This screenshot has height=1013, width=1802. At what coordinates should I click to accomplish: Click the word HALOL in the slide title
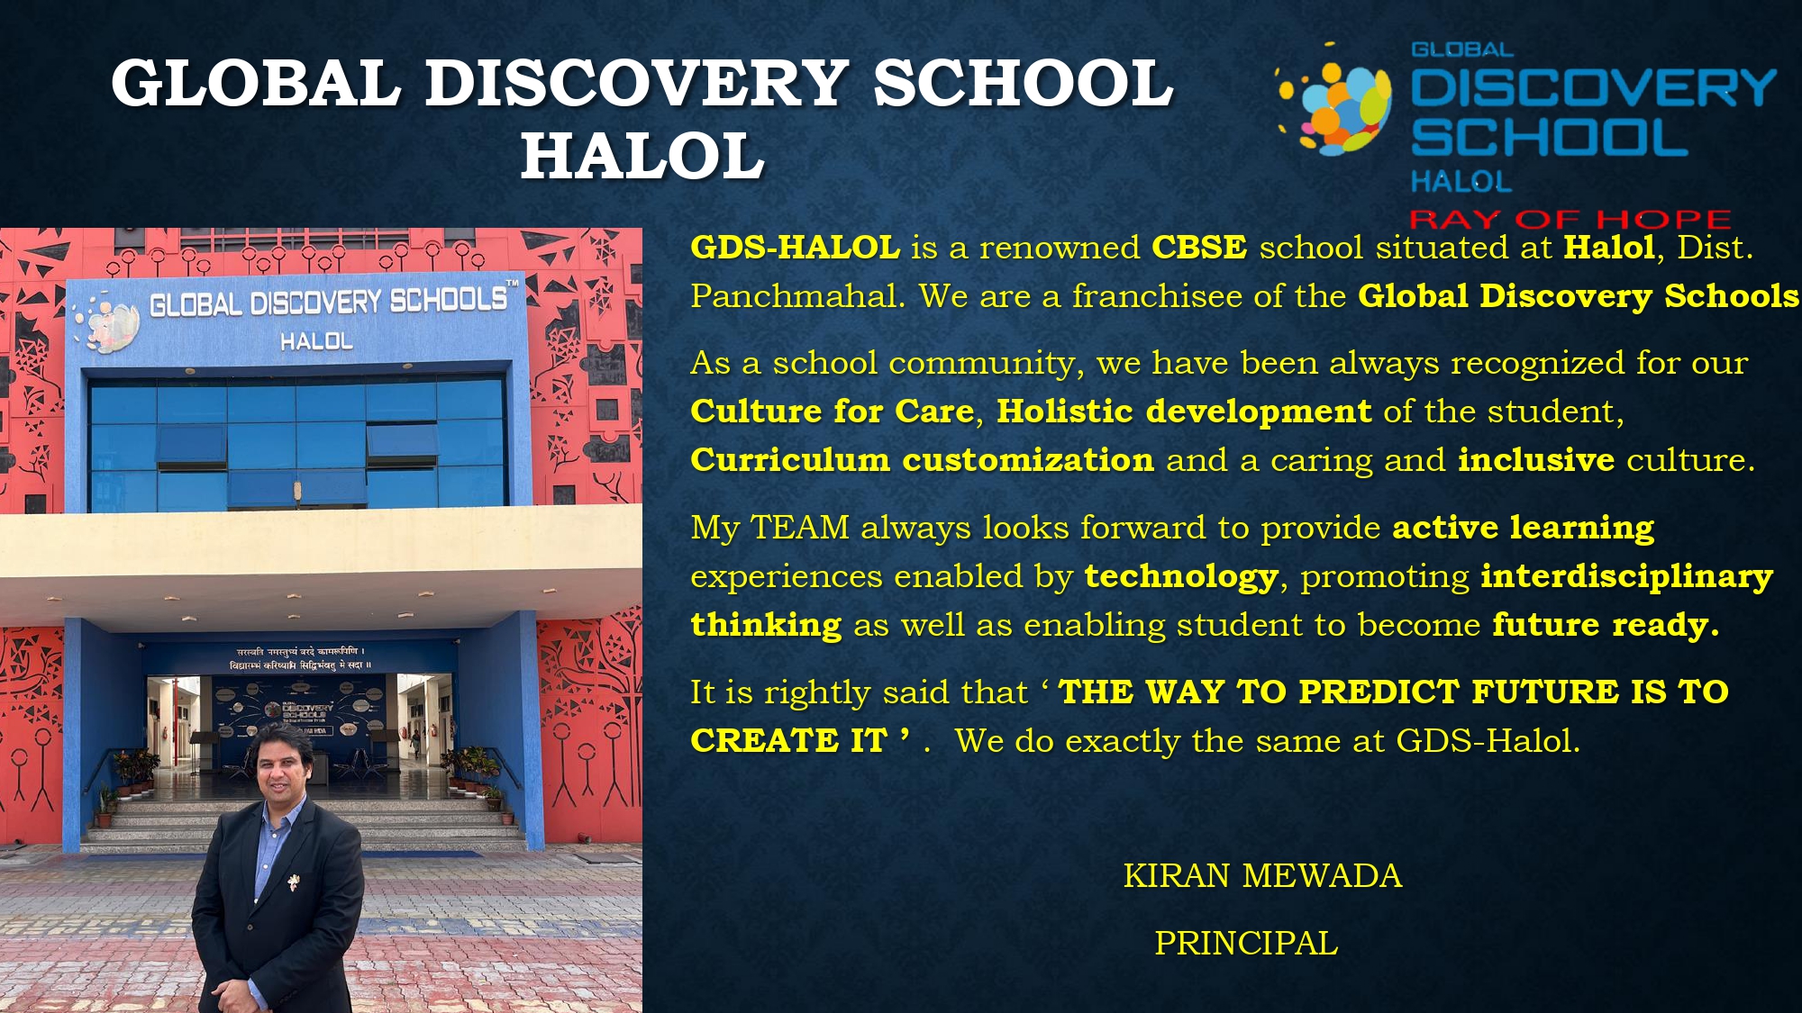tap(642, 155)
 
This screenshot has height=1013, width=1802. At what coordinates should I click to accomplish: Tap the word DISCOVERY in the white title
tap(636, 83)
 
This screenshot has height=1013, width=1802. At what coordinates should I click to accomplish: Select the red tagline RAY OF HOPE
tap(1570, 219)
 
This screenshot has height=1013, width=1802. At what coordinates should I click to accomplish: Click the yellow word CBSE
tap(1199, 248)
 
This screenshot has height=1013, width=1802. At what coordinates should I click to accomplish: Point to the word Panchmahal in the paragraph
tap(796, 296)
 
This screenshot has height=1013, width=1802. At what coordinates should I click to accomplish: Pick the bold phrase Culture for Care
tap(832, 412)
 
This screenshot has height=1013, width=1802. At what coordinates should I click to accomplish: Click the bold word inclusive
tap(1536, 460)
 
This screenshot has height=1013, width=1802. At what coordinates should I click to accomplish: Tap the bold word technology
tap(1181, 576)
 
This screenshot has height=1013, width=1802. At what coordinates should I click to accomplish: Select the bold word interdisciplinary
tap(1626, 576)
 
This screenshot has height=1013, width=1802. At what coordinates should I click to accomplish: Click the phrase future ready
tap(1605, 625)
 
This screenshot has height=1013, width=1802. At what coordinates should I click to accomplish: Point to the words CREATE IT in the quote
tap(788, 741)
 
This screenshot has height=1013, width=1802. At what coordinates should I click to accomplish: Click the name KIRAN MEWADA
tap(1262, 876)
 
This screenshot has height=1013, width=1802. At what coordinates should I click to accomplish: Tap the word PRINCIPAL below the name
tap(1246, 944)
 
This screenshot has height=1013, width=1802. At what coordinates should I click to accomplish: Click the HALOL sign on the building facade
tap(316, 341)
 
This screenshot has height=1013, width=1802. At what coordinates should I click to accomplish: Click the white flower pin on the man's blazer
tap(294, 881)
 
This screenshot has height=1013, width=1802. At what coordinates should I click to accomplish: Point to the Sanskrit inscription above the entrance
tap(300, 658)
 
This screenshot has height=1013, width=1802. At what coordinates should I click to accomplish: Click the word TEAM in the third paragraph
tap(799, 528)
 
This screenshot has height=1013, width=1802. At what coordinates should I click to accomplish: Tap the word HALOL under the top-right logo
tap(1461, 182)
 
